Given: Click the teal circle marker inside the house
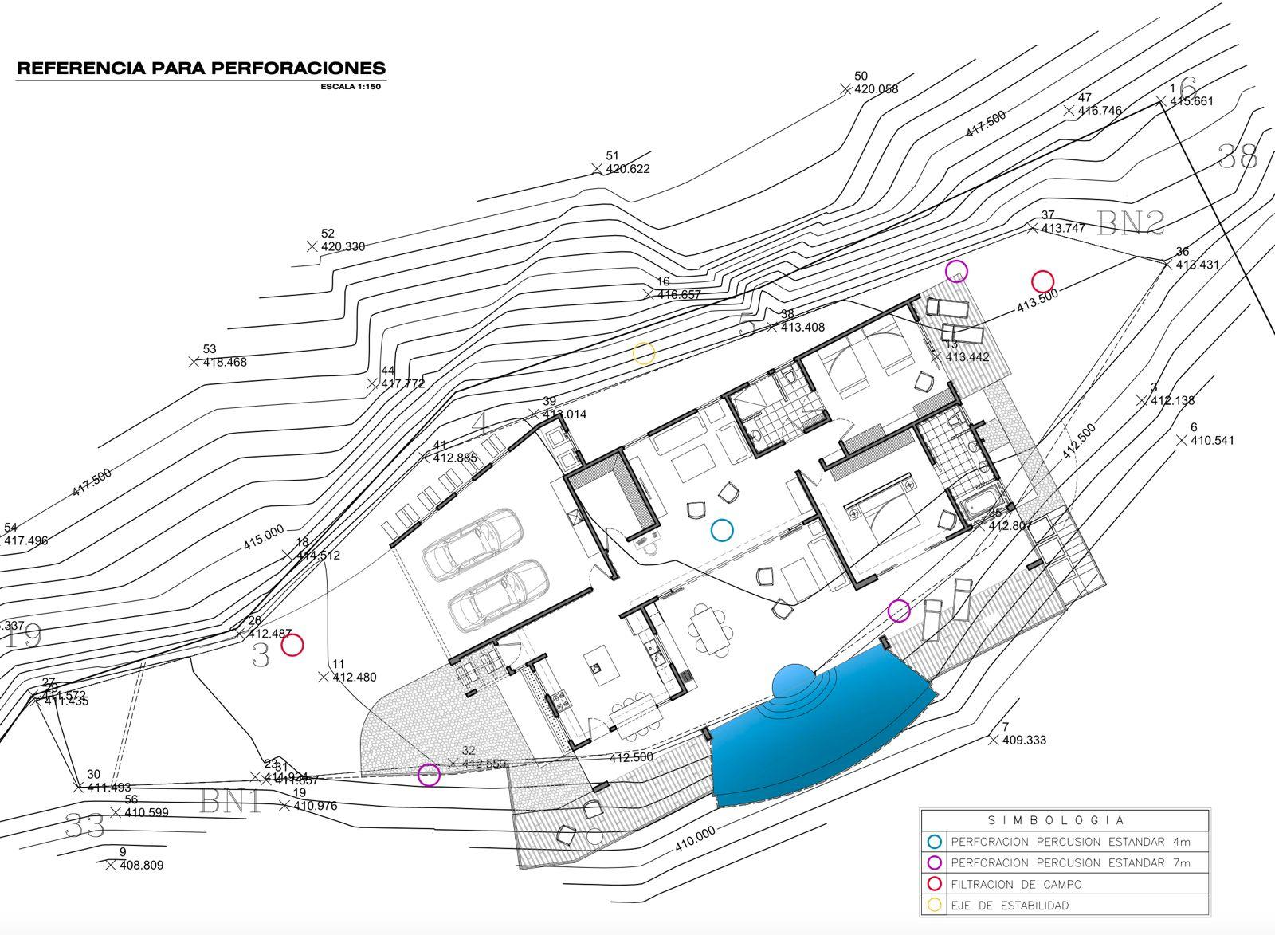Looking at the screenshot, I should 722,530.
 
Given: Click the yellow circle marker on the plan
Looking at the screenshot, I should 644,354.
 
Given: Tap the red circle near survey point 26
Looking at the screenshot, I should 292,645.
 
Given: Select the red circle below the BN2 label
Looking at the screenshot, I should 1042,281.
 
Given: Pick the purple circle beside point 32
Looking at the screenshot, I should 429,774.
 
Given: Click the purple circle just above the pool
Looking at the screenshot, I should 899,611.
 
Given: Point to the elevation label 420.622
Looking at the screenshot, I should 628,169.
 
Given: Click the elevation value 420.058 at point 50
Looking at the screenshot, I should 876,89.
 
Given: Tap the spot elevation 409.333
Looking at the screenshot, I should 1025,741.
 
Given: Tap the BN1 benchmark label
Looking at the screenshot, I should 231,800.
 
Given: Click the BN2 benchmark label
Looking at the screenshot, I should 1130,224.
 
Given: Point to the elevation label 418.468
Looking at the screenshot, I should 225,362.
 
